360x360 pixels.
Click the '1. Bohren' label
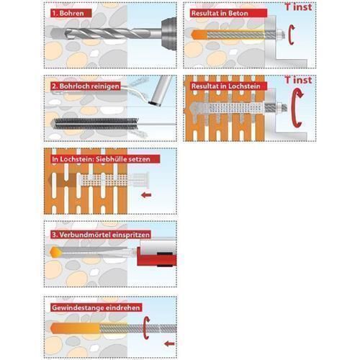[71, 13]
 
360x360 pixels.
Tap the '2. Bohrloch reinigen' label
[86, 86]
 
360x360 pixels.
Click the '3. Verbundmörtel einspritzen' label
[101, 235]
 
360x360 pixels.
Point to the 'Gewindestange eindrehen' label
[96, 307]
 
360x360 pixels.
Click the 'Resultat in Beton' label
[228, 13]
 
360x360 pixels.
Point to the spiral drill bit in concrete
[106, 34]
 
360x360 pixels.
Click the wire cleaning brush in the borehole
[96, 124]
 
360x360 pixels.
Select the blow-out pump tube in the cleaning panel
[161, 90]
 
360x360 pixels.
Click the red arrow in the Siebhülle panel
[146, 195]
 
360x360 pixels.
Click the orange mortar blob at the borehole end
[55, 253]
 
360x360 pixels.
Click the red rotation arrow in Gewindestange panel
[146, 328]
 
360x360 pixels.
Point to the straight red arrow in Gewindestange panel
[169, 344]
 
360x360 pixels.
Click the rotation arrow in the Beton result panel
[291, 35]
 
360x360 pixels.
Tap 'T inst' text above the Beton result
[299, 6]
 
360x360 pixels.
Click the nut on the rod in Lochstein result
[279, 107]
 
